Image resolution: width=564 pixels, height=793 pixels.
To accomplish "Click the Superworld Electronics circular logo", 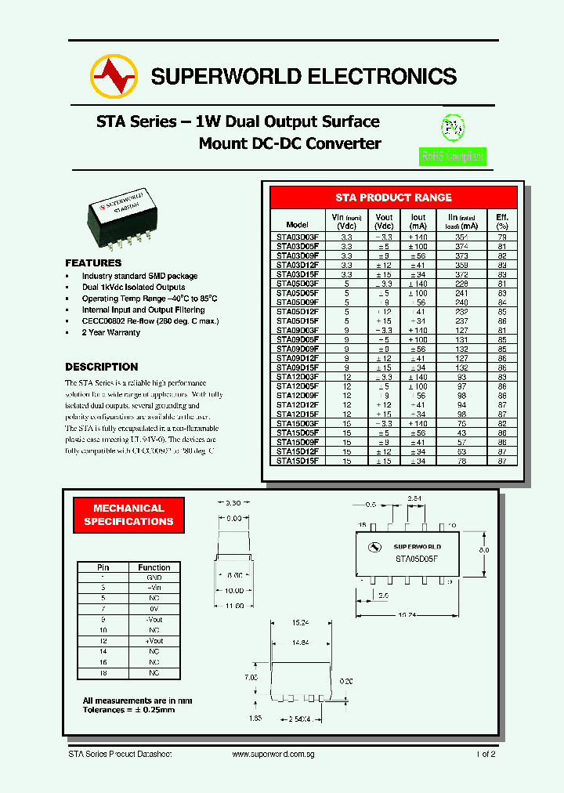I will (114, 75).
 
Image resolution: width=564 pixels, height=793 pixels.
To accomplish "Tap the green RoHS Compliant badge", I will (453, 156).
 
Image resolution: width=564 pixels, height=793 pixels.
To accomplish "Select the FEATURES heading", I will (93, 263).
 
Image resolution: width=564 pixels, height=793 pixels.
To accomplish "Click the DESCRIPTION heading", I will (101, 367).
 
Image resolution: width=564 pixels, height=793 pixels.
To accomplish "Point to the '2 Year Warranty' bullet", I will (111, 332).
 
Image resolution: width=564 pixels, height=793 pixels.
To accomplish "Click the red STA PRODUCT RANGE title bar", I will (393, 197).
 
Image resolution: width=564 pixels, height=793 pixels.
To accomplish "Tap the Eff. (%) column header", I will (501, 220).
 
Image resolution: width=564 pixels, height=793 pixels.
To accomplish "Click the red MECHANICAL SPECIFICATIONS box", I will (128, 515).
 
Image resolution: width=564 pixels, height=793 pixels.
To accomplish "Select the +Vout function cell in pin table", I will (154, 641).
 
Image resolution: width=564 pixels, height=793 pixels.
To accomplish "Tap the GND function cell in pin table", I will (154, 576).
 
